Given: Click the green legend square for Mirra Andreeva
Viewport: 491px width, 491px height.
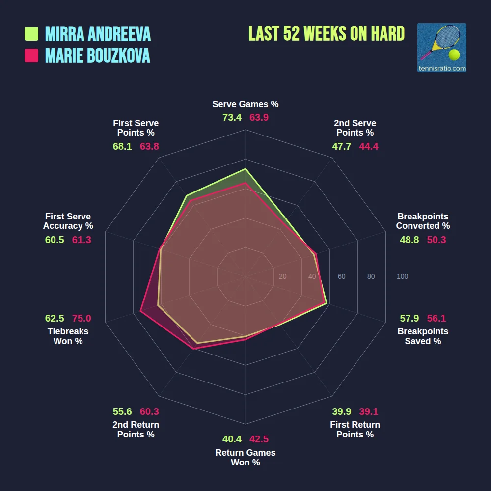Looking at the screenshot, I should coord(31,34).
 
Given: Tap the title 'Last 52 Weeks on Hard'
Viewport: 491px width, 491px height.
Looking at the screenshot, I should coord(327,33).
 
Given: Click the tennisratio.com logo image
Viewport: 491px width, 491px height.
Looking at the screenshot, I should coord(441,48).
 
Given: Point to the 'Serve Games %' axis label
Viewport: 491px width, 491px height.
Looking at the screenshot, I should coord(245,104).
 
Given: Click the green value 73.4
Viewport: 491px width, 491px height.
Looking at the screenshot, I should coord(232,118).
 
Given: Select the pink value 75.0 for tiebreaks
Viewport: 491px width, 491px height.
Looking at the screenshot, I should coord(82,318).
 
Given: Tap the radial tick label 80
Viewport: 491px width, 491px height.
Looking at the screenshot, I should coord(371,277).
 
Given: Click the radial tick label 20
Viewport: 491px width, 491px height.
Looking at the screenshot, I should coord(282,277).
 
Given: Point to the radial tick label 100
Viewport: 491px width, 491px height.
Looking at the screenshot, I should coord(402,277).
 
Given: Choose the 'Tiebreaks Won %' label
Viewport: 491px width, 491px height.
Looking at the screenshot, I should coord(68,336).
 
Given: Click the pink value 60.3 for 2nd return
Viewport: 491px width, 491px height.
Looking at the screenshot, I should coord(149,412).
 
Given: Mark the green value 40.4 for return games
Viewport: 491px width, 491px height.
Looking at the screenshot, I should coord(232,439).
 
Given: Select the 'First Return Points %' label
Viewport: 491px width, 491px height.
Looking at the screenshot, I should coord(355,430).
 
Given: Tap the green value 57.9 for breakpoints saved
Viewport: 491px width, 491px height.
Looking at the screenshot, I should coord(409,318).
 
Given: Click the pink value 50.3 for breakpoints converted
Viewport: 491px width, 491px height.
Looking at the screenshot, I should coord(436,240).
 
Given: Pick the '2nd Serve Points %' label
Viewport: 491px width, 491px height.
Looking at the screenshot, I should coord(355,128).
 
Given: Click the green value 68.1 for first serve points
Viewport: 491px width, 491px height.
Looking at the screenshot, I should coord(122,146).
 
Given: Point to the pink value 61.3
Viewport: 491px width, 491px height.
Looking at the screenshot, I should coord(82,240).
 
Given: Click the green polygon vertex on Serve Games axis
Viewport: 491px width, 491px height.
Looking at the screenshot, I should coord(245,169).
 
